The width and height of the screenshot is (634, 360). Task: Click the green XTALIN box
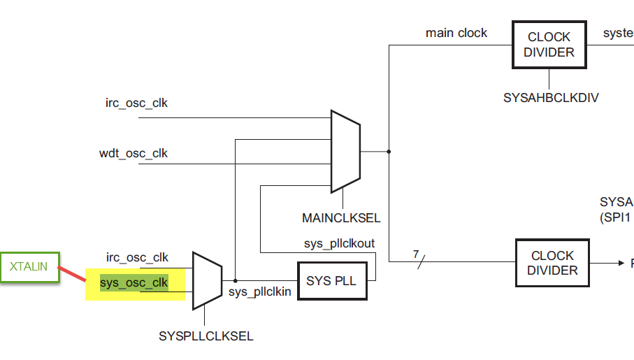29,266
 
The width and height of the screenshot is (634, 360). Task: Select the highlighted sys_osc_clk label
134,282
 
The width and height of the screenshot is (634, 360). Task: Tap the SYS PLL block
331,281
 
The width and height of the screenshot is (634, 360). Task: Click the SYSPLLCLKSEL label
206,336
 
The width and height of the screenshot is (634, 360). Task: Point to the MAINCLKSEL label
341,218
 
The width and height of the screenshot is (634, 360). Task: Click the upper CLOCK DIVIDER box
549,44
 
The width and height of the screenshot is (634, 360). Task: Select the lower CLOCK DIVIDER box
552,263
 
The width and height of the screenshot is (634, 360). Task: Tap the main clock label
456,33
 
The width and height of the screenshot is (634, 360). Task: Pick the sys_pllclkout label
339,243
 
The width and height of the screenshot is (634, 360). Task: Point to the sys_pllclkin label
260,291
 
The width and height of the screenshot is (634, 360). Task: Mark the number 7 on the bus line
416,253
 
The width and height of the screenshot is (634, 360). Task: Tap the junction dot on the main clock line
389,151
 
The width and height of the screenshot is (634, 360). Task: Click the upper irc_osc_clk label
136,103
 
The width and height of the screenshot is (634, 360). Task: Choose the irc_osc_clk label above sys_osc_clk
137,257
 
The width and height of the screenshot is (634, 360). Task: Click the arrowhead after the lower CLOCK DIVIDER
620,263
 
